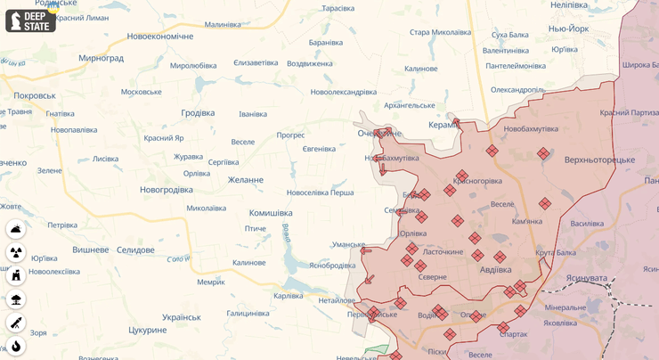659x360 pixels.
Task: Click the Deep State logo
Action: tap(30, 20)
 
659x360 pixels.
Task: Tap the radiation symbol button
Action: tap(16, 252)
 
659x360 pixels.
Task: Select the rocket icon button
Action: tap(16, 323)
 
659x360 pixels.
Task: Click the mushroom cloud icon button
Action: tap(16, 299)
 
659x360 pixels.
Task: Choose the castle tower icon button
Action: tap(16, 275)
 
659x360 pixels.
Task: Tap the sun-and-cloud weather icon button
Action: tap(16, 229)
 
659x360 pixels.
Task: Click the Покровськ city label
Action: tap(34, 95)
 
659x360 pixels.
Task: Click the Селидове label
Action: tap(135, 250)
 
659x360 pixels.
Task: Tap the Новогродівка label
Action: tap(167, 190)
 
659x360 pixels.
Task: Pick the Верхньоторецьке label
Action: tap(599, 160)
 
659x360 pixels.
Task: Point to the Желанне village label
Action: tap(245, 180)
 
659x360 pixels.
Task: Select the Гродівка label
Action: tap(198, 113)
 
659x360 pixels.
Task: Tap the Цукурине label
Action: tap(148, 330)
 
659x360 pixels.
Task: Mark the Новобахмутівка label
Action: tap(531, 129)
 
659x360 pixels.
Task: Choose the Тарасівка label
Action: tap(338, 8)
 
